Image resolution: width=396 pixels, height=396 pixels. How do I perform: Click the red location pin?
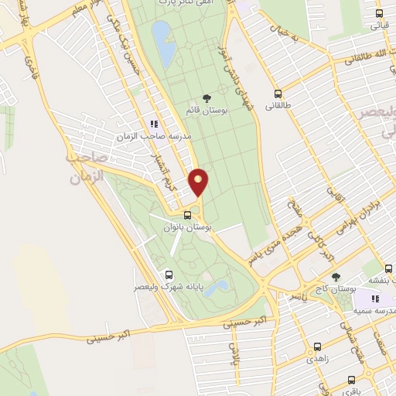coord(199,182)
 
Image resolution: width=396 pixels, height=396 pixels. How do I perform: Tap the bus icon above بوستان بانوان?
coord(188,214)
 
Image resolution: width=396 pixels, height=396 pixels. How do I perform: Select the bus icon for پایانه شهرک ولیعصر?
coord(169,275)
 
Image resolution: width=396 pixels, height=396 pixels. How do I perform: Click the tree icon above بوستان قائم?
coord(206,97)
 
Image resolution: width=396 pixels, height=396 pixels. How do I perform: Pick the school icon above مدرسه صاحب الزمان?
coord(155,123)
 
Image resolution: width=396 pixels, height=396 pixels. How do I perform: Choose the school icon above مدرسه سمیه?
coord(374,299)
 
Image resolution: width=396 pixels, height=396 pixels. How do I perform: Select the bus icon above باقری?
coord(353,380)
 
